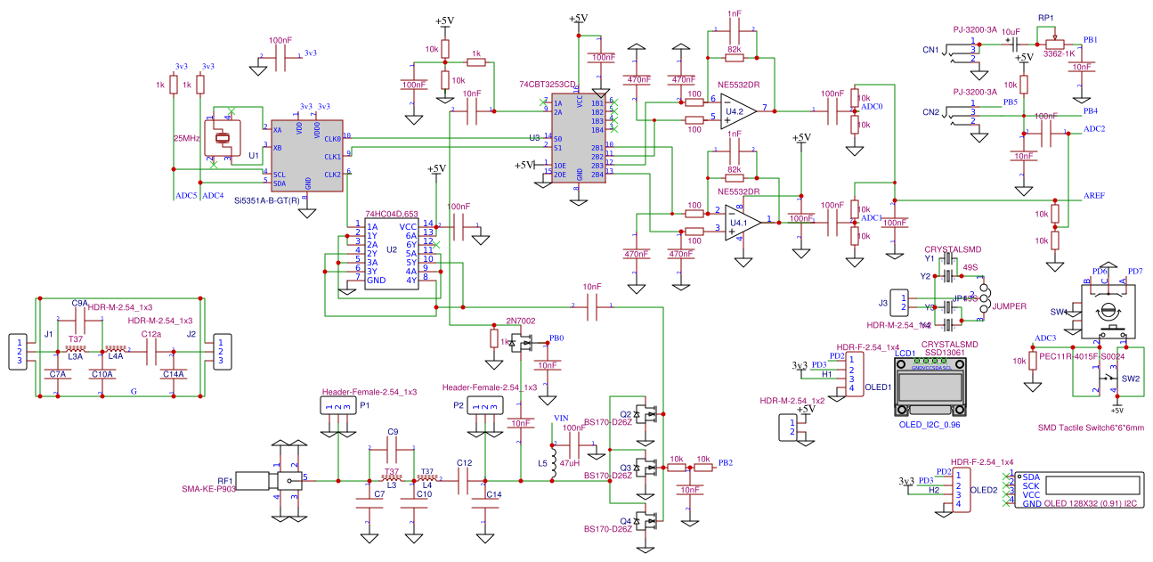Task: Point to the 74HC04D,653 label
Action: tap(392, 214)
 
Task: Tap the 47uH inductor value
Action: tap(570, 464)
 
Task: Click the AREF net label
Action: tap(1094, 195)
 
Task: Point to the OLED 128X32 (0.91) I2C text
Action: tap(1086, 504)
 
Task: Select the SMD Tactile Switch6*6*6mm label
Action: tap(1091, 428)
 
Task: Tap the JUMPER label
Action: tap(1008, 306)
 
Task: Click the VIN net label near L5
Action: tap(561, 418)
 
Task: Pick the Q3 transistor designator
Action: tap(625, 467)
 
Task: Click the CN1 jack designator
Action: tap(930, 50)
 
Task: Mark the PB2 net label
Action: tap(726, 463)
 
